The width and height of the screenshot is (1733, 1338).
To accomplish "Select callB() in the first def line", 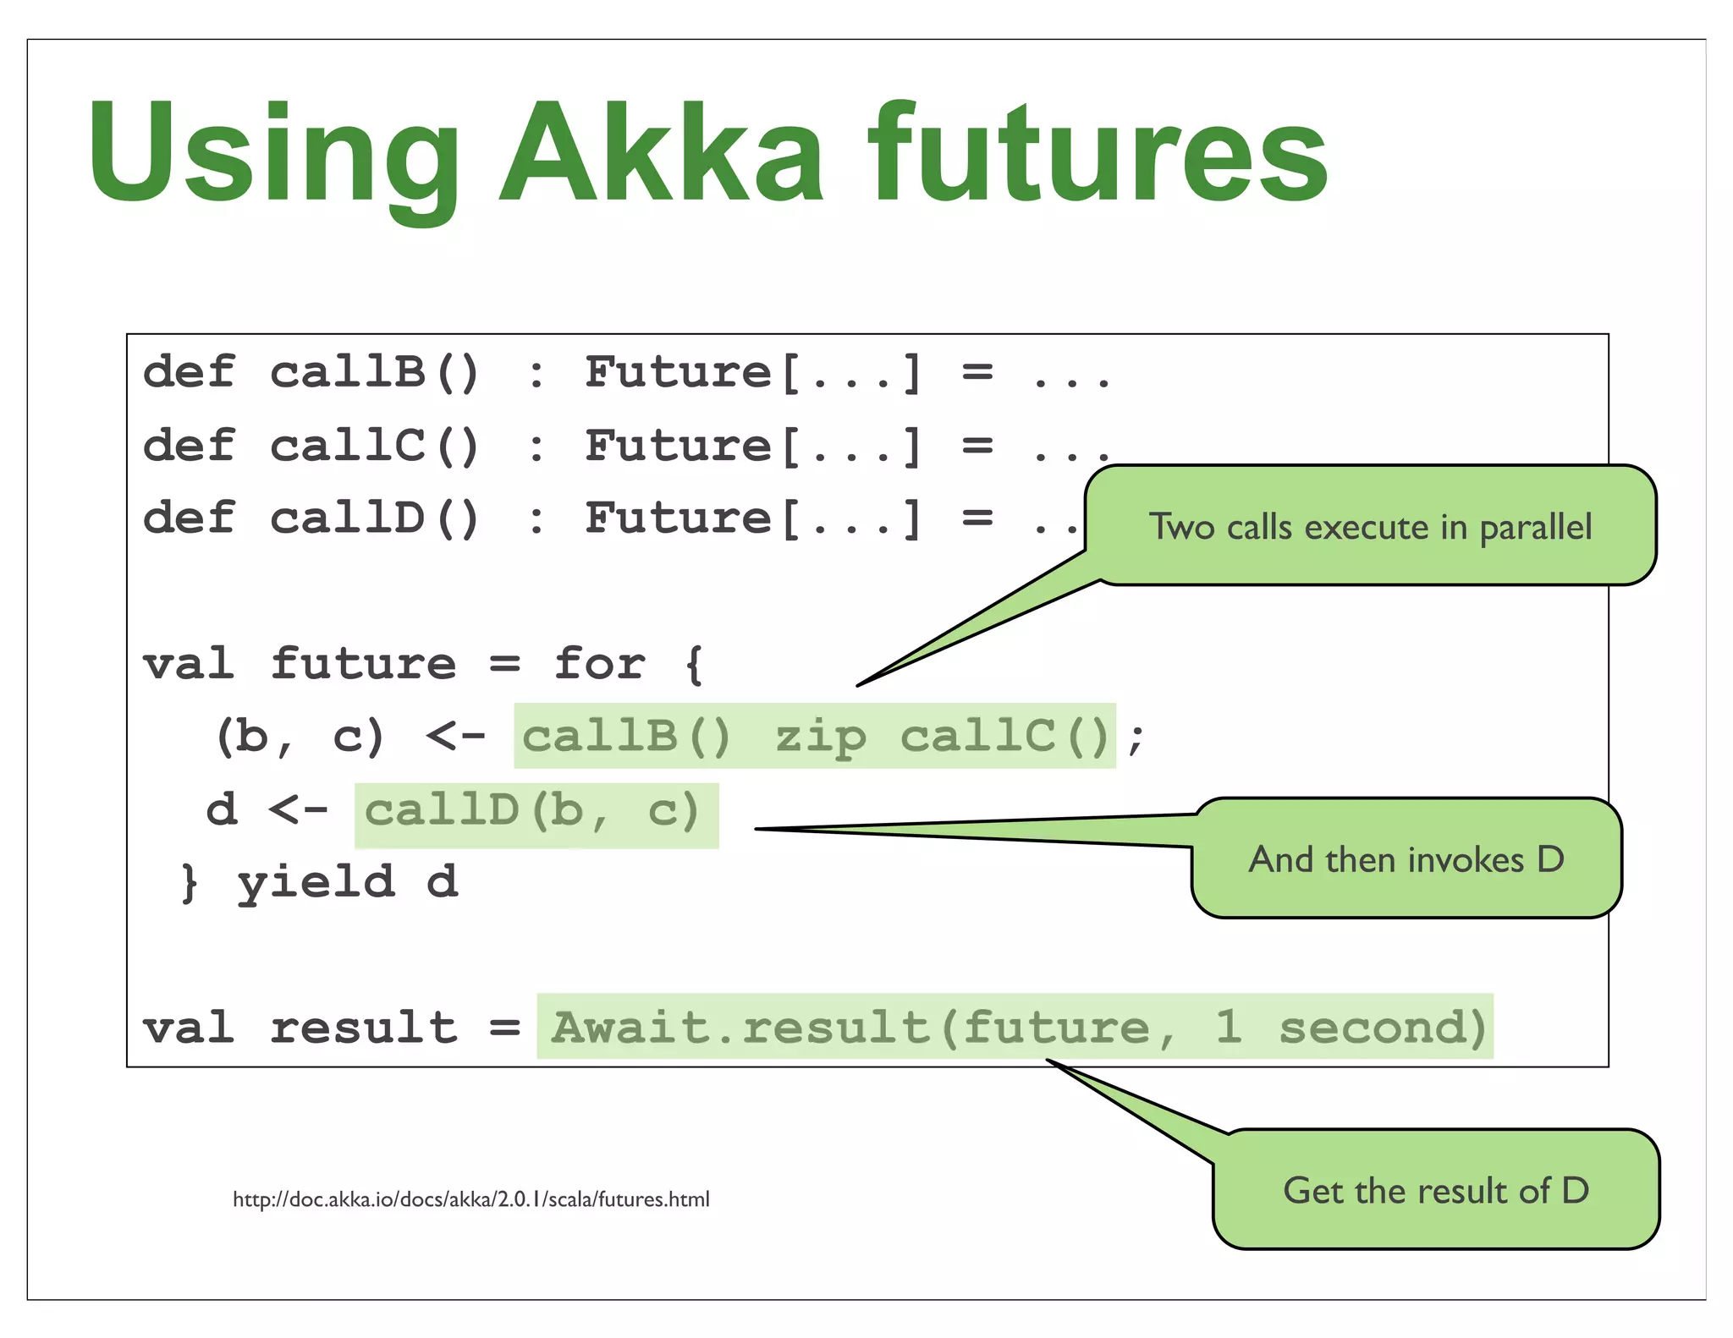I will click(374, 372).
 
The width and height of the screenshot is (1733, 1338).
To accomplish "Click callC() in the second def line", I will click(374, 446).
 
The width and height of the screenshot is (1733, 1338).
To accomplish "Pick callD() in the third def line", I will click(374, 518).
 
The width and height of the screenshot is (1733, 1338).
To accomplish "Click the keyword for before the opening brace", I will click(599, 663).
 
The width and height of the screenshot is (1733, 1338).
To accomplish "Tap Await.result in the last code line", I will click(740, 1028).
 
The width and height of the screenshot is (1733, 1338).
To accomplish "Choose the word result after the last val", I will click(364, 1028).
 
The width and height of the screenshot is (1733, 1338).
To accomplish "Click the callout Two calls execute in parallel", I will click(1369, 526).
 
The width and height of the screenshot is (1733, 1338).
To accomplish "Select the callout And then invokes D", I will click(1406, 859).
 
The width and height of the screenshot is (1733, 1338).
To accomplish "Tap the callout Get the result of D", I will click(1435, 1191).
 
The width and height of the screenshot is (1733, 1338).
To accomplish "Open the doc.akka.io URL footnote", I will click(470, 1199).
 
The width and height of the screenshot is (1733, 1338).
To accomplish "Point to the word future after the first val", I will click(364, 663).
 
